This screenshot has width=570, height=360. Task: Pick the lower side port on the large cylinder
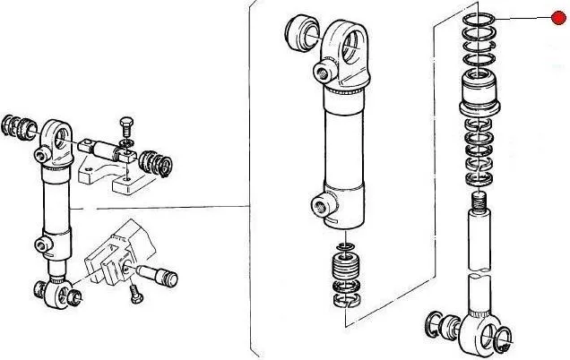click(x=321, y=207)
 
